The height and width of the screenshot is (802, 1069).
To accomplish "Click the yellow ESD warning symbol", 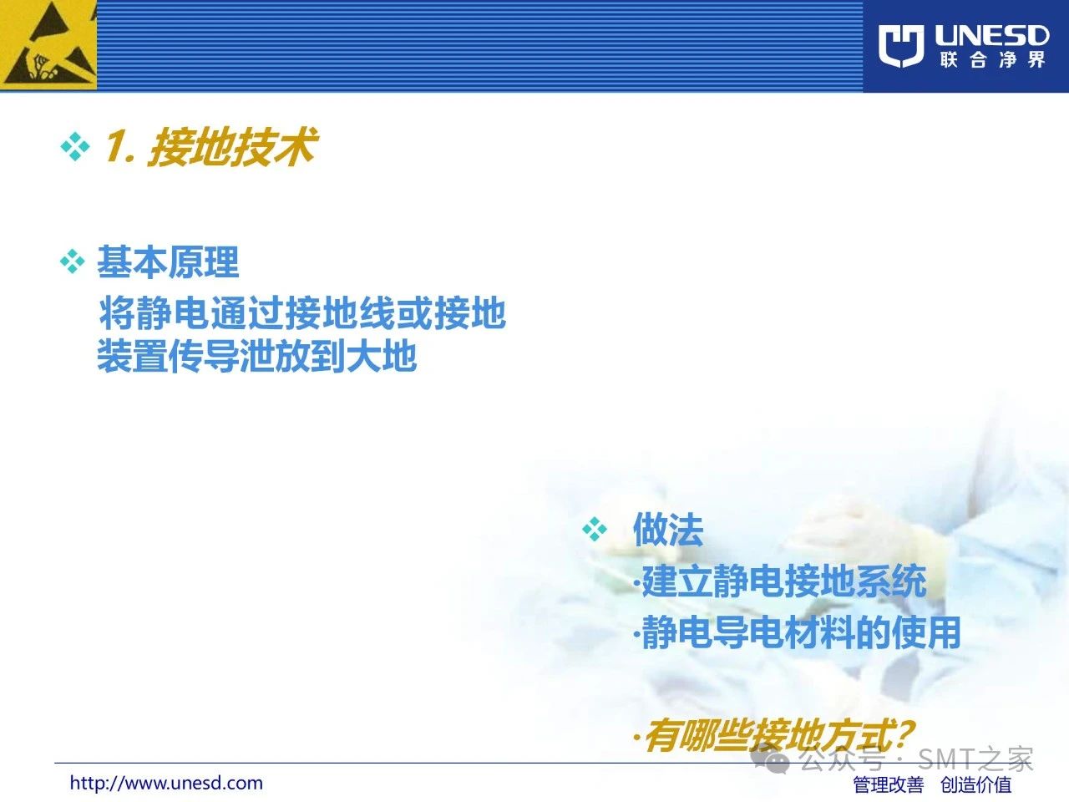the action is coord(48,45).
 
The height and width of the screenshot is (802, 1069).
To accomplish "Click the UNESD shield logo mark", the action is coord(901,45).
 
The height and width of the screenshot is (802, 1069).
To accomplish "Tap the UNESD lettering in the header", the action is coord(991,36).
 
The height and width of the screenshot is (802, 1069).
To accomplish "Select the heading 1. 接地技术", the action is coord(211,146).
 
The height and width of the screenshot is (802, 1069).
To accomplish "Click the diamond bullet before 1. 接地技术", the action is coord(75,146).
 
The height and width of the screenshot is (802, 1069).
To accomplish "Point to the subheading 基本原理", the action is coord(168,262).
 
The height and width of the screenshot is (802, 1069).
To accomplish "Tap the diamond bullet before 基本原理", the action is coord(73,261).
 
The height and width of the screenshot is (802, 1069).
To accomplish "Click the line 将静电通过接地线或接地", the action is coord(302,312).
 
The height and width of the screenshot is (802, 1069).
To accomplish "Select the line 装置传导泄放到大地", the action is coord(256,356).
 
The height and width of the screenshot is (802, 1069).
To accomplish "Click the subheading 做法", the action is coord(667,530).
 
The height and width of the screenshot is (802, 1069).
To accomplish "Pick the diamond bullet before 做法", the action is coord(595,529).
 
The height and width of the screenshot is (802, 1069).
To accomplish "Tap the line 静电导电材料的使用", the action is coord(798,632).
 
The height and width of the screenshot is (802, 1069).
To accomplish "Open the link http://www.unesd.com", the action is coord(166,783).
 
